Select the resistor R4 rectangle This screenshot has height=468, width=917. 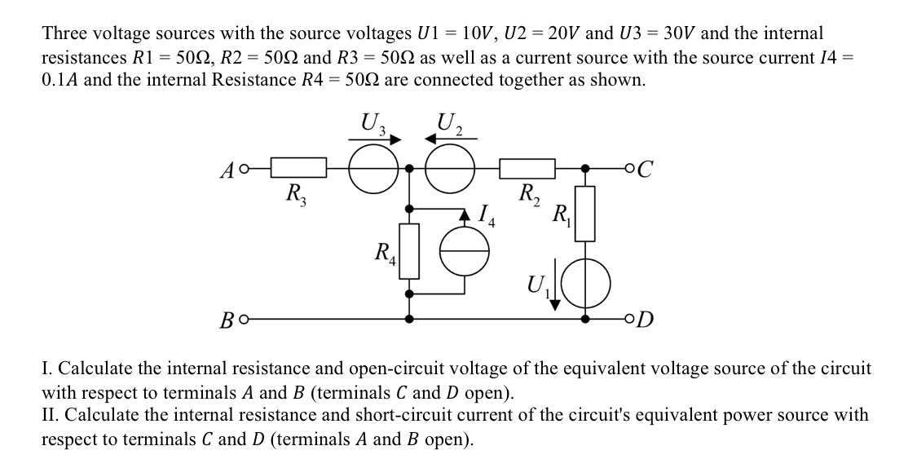pyautogui.click(x=409, y=252)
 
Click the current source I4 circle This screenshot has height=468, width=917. pyautogui.click(x=465, y=247)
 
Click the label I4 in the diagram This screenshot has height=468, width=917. pyautogui.click(x=484, y=217)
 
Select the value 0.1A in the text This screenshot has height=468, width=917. pyautogui.click(x=60, y=80)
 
